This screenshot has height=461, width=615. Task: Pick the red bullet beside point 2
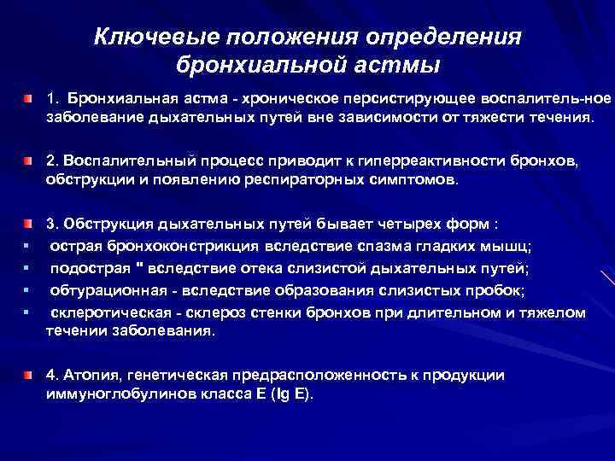pyautogui.click(x=29, y=160)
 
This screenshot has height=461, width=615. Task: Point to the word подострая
pyautogui.click(x=85, y=268)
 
